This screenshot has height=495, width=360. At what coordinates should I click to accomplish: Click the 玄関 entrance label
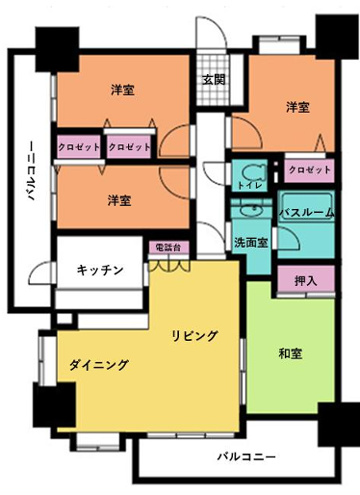click(x=214, y=80)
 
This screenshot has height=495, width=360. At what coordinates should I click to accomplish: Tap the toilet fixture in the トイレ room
click(x=254, y=174)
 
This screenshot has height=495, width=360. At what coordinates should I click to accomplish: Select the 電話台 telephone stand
click(x=168, y=247)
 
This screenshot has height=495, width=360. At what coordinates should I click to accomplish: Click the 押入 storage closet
click(x=306, y=280)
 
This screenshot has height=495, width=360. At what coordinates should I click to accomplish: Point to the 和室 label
click(x=291, y=353)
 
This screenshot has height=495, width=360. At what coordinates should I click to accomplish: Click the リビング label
click(x=194, y=336)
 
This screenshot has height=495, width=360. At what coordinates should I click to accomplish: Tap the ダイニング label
click(x=99, y=365)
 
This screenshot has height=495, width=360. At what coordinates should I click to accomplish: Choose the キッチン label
click(x=100, y=270)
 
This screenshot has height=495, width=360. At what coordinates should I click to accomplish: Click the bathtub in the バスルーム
click(x=306, y=208)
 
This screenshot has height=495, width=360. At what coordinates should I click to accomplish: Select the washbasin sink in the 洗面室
click(x=251, y=211)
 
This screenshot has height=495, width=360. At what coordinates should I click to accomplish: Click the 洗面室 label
click(x=251, y=243)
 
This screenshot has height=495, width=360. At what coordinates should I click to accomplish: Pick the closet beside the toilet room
click(x=309, y=169)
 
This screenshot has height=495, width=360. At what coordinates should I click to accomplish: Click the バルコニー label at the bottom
click(x=246, y=456)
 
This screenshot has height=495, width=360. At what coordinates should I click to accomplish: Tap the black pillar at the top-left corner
click(x=57, y=49)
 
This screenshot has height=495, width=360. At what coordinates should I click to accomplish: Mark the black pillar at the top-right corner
click(x=337, y=37)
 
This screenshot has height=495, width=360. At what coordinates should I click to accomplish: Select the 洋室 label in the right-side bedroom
click(x=297, y=107)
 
